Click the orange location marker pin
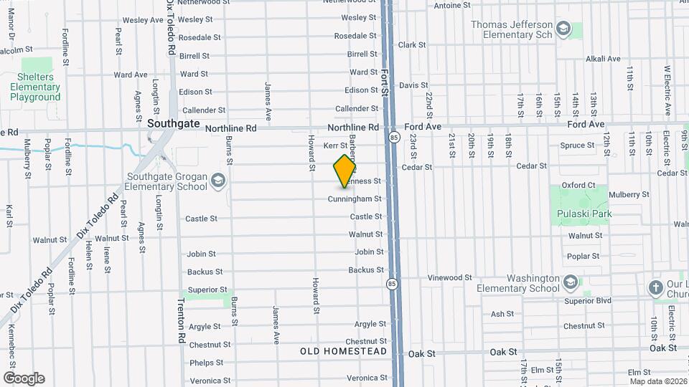point(345,171)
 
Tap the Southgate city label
point(173,123)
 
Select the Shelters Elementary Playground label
point(35,87)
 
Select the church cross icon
point(655,287)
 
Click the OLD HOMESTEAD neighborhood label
point(344,351)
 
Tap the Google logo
point(24,378)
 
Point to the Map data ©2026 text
point(658,381)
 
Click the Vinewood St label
point(449,277)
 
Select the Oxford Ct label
point(578,185)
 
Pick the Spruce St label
point(577,145)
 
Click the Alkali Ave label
point(602,59)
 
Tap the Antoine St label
point(452,5)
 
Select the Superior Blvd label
point(588,301)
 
